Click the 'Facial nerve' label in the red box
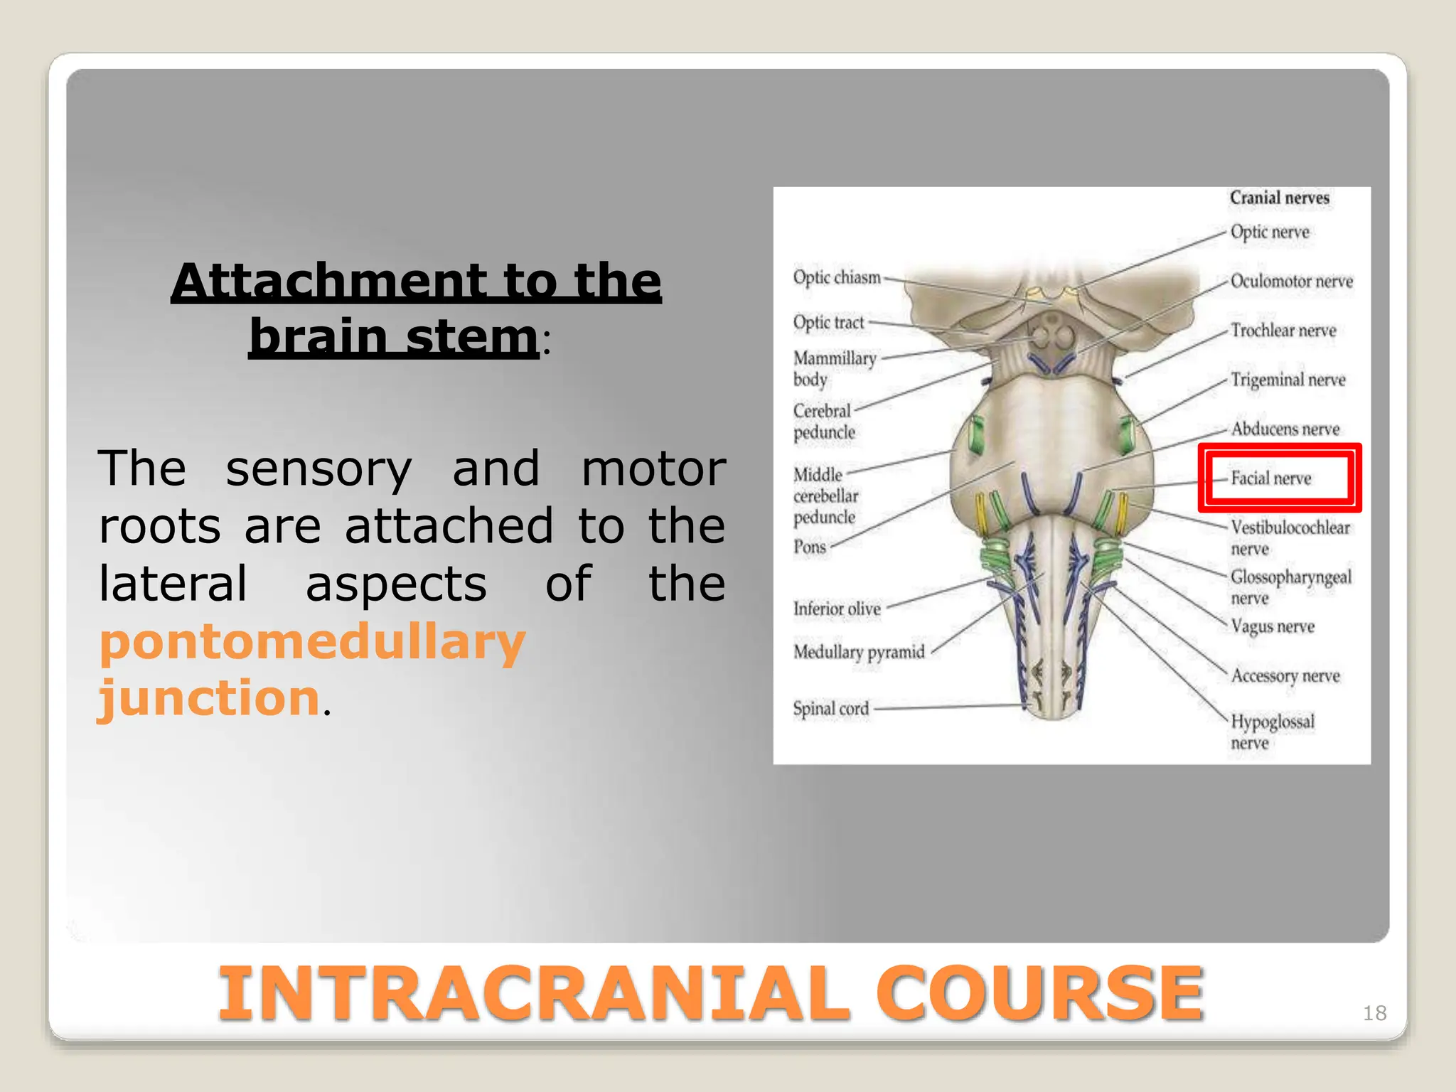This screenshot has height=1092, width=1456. tap(1270, 478)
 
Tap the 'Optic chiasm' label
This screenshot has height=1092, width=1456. tap(837, 277)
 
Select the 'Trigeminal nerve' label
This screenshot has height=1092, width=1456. tap(1288, 380)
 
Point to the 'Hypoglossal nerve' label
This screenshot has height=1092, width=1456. tap(1272, 731)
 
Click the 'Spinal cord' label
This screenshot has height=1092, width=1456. tap(830, 709)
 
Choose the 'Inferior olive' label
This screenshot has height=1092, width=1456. tap(837, 609)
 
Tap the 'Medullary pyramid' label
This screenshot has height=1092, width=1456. tap(859, 652)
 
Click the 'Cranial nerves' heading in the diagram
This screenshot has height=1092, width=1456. tap(1279, 198)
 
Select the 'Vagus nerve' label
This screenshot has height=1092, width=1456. tap(1272, 626)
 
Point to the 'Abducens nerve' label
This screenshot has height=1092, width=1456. tap(1285, 429)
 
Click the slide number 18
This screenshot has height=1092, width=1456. tap(1374, 1012)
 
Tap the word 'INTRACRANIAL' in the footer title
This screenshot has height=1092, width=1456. tap(533, 993)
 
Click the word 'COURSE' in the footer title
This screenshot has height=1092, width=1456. tap(1039, 993)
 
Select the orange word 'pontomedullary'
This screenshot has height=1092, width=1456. tap(312, 642)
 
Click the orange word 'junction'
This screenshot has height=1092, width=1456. tap(209, 698)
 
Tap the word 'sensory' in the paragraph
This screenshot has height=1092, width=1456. tap(318, 469)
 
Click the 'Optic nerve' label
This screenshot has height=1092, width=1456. tap(1269, 232)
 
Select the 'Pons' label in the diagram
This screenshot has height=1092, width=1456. tap(810, 547)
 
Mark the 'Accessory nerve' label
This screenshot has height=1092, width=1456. tap(1285, 675)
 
